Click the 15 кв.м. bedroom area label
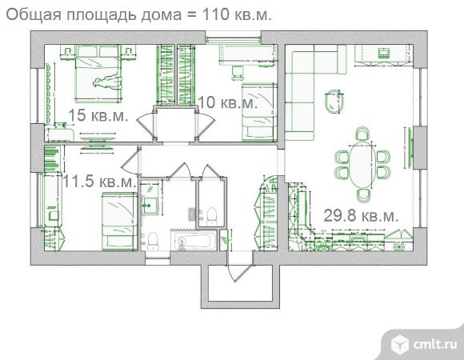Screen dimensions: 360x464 point(98,115)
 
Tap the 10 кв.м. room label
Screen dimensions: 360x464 point(228,102)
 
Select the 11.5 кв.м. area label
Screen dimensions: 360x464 point(99,182)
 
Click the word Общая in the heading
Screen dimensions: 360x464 point(31,15)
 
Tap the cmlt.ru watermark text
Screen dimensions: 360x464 point(434,344)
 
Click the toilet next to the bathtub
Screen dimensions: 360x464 point(153,238)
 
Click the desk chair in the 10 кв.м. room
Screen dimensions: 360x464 point(238,71)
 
